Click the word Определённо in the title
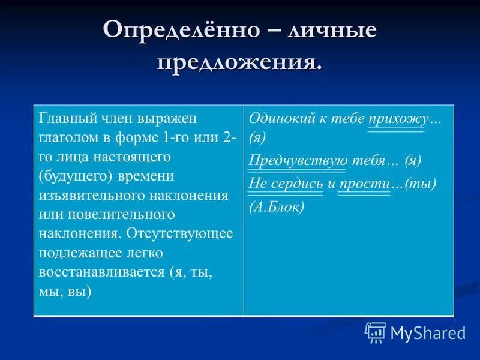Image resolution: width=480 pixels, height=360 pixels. tap(176, 30)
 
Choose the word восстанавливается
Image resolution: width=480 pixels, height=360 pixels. tap(102, 272)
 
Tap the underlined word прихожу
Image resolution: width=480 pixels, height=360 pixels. tap(397, 119)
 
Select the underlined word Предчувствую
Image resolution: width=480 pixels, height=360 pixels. tap(298, 160)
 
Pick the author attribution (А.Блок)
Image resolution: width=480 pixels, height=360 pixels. tap(277, 206)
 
